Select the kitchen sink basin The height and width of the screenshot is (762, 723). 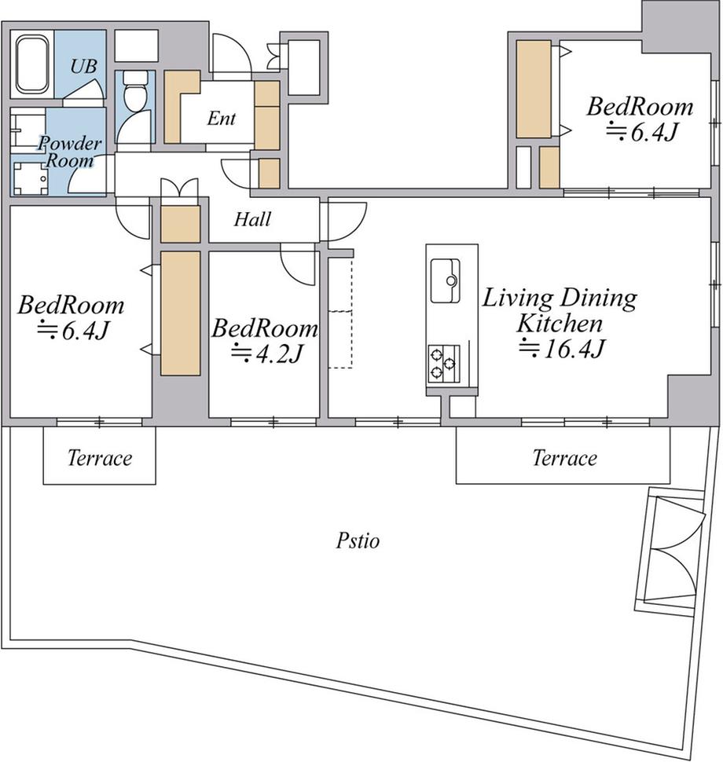coord(445,280)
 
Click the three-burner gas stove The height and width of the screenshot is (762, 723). coord(444,362)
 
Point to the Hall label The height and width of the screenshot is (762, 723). coord(252,220)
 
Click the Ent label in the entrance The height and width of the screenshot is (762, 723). coord(222,118)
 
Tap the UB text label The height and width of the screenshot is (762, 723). coord(83,66)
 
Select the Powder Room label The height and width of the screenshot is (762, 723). coord(70,151)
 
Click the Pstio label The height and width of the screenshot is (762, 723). coord(358,540)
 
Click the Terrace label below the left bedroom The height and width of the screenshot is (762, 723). coord(100,458)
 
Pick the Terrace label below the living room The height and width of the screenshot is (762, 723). coord(564,458)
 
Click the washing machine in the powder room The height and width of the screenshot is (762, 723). coord(31,178)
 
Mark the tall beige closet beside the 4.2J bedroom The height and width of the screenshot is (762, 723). coord(181,313)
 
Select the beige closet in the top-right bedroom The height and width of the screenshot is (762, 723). coord(534,89)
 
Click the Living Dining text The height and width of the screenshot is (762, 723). coord(559,299)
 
